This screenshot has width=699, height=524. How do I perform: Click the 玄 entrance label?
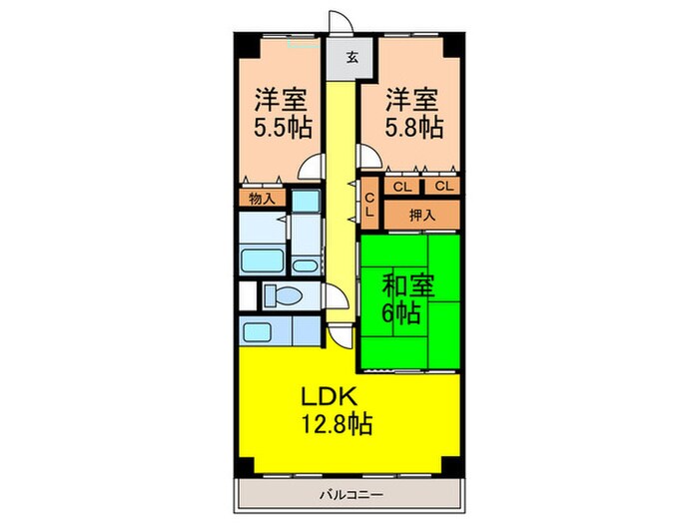tap(352, 58)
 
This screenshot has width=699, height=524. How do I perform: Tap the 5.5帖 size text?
tap(282, 128)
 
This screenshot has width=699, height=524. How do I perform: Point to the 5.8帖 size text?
tap(414, 128)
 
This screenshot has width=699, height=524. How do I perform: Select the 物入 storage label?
tap(262, 199)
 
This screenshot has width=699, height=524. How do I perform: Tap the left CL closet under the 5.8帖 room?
tap(402, 187)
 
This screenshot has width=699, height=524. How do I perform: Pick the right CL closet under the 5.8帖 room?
tap(443, 187)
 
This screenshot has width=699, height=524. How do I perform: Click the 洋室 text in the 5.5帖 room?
tap(280, 100)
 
